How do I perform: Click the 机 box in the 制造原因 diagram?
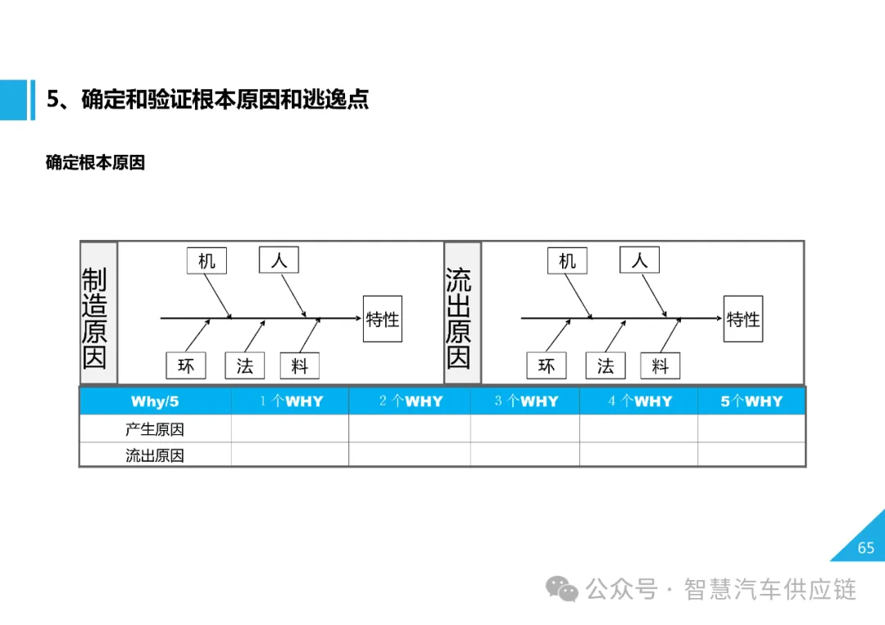click(x=206, y=260)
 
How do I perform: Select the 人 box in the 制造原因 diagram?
click(x=279, y=260)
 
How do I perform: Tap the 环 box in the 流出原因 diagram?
click(x=547, y=365)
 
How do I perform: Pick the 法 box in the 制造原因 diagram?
click(x=245, y=365)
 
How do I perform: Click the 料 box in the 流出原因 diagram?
click(x=660, y=365)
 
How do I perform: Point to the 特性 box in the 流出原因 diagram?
click(x=743, y=319)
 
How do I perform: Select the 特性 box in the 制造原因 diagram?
click(x=383, y=319)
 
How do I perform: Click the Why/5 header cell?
click(x=155, y=401)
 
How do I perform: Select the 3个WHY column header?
click(x=526, y=401)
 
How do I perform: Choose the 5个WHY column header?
click(x=751, y=401)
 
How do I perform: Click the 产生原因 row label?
click(x=155, y=429)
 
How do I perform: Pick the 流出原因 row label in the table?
click(x=155, y=455)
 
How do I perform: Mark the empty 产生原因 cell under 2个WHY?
click(x=409, y=429)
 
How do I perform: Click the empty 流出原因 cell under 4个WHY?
click(x=638, y=455)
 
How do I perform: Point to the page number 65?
click(x=866, y=548)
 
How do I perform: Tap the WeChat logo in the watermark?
click(x=563, y=589)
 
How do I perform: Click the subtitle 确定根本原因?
click(x=95, y=163)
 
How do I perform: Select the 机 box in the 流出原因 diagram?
click(x=567, y=260)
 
